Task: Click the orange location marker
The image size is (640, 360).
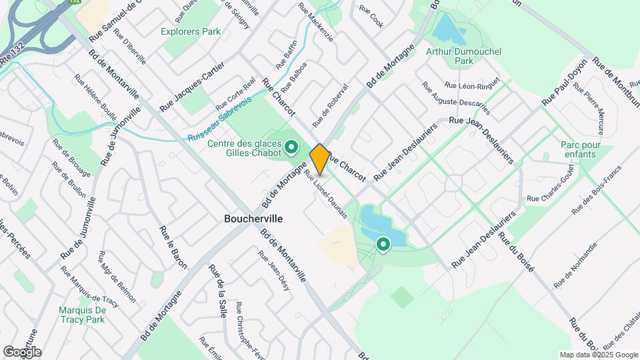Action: click(319, 158)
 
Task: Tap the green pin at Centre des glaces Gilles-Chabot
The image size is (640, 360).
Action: click(291, 146)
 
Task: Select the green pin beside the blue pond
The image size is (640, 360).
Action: click(383, 245)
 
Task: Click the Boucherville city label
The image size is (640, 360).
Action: click(253, 219)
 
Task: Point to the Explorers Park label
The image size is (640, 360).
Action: click(191, 31)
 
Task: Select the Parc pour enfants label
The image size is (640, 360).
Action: click(581, 149)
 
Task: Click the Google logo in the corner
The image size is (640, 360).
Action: click(22, 351)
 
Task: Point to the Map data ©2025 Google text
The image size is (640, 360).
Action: click(599, 355)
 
